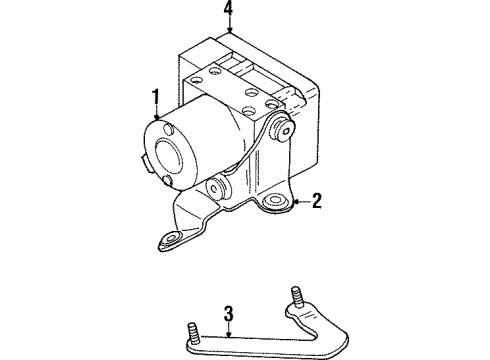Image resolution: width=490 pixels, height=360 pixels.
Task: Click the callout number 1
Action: [155, 97]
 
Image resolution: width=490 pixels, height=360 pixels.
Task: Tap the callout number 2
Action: [316, 202]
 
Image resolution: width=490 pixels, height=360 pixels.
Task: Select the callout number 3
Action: [228, 317]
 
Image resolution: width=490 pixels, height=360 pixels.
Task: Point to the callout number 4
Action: [229, 13]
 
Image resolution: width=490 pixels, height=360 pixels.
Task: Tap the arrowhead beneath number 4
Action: [230, 33]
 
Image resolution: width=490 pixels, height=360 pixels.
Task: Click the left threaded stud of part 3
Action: [190, 329]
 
